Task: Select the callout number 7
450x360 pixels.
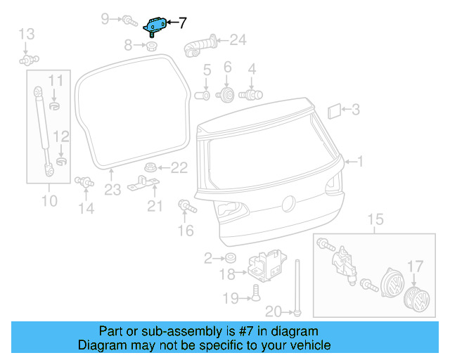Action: coord(181,23)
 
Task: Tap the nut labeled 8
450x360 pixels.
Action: coord(150,46)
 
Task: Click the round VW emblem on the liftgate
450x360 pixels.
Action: coord(288,204)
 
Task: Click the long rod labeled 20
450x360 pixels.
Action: coord(298,288)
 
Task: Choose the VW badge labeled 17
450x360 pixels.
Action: coord(416,300)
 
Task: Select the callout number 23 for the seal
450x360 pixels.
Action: coord(113,188)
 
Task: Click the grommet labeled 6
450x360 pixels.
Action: coord(227,95)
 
